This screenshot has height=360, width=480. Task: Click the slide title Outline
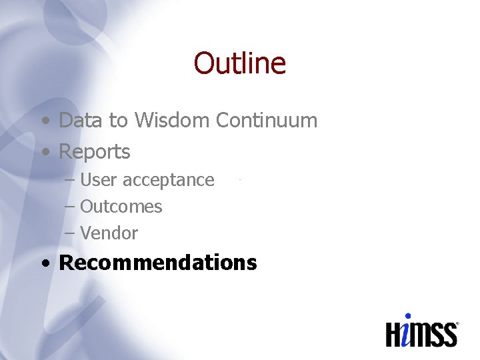click(x=239, y=63)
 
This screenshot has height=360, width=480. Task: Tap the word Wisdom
click(x=172, y=121)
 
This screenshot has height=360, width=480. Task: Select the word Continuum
click(x=266, y=121)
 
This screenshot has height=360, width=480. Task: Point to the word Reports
click(x=95, y=152)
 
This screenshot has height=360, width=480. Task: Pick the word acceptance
click(x=169, y=180)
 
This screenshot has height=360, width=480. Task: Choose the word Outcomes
click(x=121, y=207)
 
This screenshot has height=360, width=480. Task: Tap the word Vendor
click(x=109, y=233)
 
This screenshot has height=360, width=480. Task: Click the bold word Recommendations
click(x=158, y=263)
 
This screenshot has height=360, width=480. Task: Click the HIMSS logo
click(x=422, y=330)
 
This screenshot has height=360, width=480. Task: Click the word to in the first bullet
click(x=118, y=121)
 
